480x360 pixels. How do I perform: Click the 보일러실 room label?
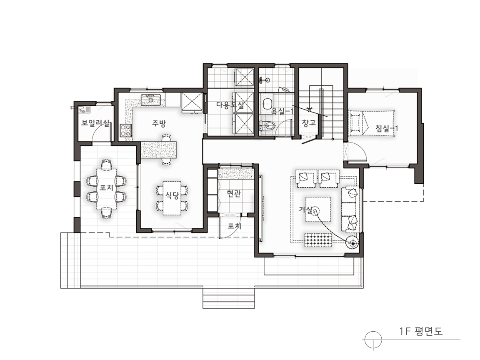tap(95, 123)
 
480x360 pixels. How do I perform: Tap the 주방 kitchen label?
tap(159, 123)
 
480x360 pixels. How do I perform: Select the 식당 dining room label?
tap(172, 195)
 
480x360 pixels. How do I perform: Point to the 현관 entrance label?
tap(234, 193)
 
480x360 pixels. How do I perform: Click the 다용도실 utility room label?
tap(230, 105)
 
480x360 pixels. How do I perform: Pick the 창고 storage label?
tap(309, 123)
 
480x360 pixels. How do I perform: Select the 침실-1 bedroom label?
tap(387, 128)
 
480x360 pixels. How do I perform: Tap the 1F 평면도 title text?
tap(421, 331)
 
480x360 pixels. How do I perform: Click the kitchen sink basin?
tap(151, 99)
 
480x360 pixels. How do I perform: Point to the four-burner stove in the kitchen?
tap(125, 130)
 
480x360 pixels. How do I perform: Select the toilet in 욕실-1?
tap(267, 125)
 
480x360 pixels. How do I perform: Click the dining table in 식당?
tap(172, 198)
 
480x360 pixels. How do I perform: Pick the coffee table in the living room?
tap(317, 209)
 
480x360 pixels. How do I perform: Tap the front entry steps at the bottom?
tap(229, 298)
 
